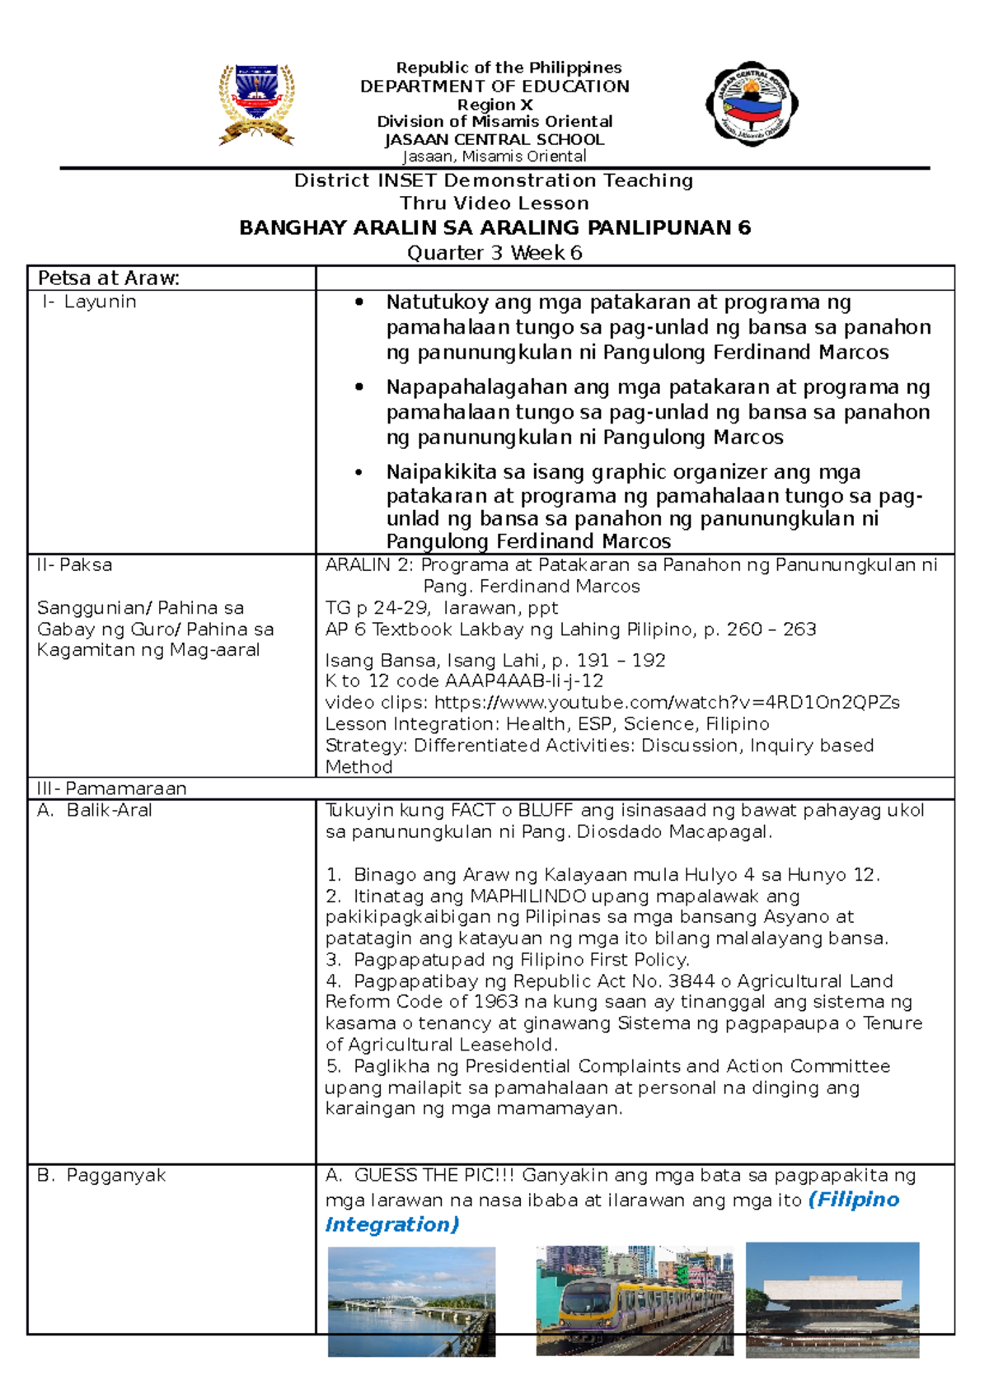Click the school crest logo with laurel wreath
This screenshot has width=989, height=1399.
[256, 105]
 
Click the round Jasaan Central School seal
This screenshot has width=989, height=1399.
[752, 104]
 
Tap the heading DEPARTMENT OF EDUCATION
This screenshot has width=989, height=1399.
[494, 87]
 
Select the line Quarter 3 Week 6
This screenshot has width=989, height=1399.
[494, 253]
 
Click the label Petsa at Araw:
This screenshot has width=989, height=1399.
[109, 278]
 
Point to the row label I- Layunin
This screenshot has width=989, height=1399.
[89, 302]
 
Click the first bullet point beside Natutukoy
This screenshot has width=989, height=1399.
[359, 302]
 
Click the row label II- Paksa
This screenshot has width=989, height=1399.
[75, 565]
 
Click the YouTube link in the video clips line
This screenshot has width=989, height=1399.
[667, 703]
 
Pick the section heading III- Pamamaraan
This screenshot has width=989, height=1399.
[112, 788]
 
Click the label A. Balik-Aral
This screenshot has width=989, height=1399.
[95, 811]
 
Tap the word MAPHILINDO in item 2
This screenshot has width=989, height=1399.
[527, 896]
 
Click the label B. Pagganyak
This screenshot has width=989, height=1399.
[101, 1176]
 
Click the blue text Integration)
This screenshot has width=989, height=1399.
[392, 1225]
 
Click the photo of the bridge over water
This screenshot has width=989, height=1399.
[411, 1302]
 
